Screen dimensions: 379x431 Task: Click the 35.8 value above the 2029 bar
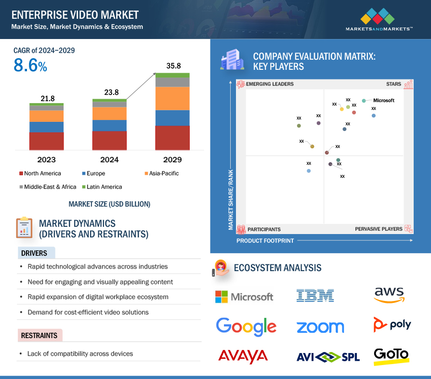[172, 66]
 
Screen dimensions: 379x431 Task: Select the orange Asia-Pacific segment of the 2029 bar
[172, 98]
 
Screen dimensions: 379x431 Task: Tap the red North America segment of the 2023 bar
[46, 141]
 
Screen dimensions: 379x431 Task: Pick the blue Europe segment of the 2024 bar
[109, 125]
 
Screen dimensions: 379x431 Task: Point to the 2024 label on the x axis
[109, 160]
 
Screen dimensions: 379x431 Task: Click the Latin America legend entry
[102, 187]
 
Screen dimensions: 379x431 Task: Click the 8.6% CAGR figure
[30, 66]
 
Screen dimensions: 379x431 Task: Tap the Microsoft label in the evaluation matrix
[384, 101]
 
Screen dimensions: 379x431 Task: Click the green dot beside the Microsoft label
[364, 101]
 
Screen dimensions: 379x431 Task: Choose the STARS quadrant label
[393, 84]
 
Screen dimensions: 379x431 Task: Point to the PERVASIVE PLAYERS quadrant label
[379, 229]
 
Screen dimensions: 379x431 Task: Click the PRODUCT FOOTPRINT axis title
[265, 240]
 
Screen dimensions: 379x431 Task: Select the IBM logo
[315, 295]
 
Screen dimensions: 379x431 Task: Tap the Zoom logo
[320, 327]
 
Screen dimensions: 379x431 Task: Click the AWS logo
[389, 294]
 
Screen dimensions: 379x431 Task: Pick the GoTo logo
[391, 355]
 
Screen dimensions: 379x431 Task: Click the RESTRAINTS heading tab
[39, 336]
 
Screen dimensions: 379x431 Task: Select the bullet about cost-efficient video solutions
[88, 312]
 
